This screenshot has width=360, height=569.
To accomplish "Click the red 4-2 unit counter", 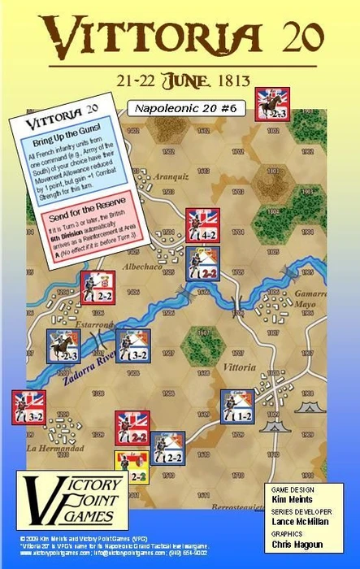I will click(202, 225).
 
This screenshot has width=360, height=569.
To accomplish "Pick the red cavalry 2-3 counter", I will click(271, 104).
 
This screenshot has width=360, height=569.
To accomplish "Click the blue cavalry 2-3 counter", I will click(63, 345).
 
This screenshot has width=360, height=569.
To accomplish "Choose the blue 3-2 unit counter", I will click(132, 345).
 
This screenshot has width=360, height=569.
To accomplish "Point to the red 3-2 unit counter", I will click(28, 406).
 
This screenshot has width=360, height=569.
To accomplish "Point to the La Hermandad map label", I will click(56, 448).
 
